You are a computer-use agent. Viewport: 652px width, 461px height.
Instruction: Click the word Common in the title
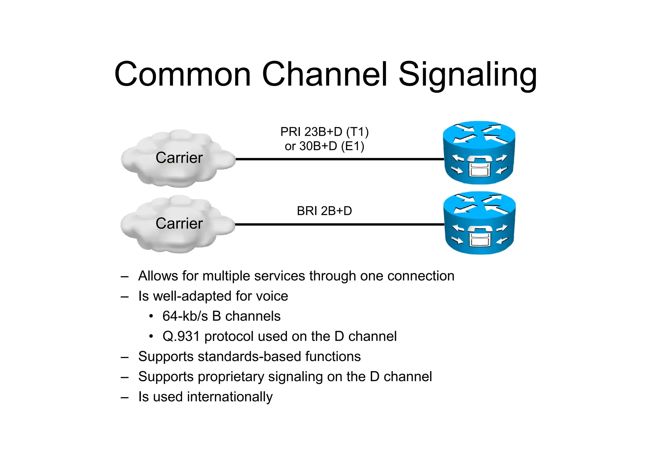(x=183, y=75)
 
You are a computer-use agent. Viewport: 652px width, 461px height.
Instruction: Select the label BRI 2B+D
(x=324, y=211)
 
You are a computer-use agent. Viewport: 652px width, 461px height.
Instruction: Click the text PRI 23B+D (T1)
(x=324, y=132)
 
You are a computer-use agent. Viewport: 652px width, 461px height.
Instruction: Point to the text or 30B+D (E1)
(x=324, y=146)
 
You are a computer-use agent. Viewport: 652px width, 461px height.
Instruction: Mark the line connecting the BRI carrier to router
(x=339, y=225)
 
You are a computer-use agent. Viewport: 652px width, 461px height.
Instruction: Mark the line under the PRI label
(x=339, y=159)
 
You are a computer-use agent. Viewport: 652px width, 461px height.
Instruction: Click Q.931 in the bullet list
(x=181, y=336)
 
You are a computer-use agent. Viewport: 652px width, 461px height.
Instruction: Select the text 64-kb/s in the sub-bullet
(x=185, y=316)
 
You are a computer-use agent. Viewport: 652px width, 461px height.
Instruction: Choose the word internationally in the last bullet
(x=230, y=397)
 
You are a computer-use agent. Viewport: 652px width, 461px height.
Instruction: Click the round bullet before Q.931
(x=151, y=336)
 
